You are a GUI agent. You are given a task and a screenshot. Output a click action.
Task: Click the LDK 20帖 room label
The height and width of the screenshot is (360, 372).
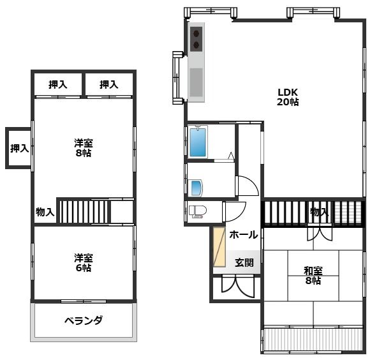coord(288,96)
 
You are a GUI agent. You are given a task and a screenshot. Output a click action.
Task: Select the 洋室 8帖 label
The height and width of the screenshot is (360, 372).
coord(83,148)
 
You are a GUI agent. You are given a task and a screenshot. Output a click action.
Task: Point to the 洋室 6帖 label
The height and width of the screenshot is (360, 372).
coord(83,263)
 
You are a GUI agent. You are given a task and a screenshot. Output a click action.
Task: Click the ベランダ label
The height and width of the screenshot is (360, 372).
coord(83,320)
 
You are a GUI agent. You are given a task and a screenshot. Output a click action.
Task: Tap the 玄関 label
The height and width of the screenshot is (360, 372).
coord(244,262)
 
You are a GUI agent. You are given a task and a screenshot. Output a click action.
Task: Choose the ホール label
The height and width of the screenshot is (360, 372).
coord(243,235)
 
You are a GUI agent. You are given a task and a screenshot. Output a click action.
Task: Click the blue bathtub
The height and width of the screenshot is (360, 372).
coord(198,142)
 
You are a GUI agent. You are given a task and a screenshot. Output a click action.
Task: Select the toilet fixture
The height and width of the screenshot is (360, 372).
coord(198,212)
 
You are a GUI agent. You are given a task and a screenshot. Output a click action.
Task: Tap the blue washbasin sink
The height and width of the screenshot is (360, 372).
coord(196,188)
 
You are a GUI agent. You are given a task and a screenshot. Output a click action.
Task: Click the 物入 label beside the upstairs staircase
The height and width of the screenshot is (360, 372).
coord(45,212)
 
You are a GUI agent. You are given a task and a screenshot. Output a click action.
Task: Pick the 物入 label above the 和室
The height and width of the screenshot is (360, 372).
coord(319,212)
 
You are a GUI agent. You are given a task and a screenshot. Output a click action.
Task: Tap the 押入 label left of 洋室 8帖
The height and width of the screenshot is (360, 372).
coord(19,149)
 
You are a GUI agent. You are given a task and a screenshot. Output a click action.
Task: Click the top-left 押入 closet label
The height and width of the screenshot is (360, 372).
coord(58,84)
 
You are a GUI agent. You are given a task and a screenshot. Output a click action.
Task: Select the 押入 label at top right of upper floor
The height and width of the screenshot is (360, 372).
coord(109,84)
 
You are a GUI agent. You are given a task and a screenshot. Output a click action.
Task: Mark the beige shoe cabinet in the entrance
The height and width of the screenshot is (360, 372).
coord(219,247)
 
